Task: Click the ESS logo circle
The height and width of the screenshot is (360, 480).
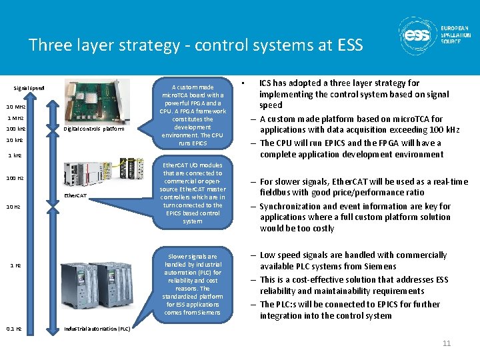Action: click(x=417, y=36)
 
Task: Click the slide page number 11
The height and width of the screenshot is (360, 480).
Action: click(x=447, y=343)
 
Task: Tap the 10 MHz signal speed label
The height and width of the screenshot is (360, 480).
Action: click(x=16, y=107)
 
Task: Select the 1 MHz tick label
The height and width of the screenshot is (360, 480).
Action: click(x=16, y=117)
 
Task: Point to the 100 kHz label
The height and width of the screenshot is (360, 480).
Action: click(x=16, y=128)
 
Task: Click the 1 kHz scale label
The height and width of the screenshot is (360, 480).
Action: click(x=15, y=155)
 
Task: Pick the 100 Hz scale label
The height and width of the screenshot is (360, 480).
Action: click(x=15, y=178)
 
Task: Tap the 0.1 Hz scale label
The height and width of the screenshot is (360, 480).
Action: click(x=14, y=329)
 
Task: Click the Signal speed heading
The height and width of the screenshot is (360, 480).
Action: click(x=29, y=88)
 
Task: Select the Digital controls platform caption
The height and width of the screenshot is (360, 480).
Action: click(x=94, y=129)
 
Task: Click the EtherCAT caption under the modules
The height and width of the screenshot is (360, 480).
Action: click(x=75, y=195)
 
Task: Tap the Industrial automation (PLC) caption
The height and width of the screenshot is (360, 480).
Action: click(x=97, y=329)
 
